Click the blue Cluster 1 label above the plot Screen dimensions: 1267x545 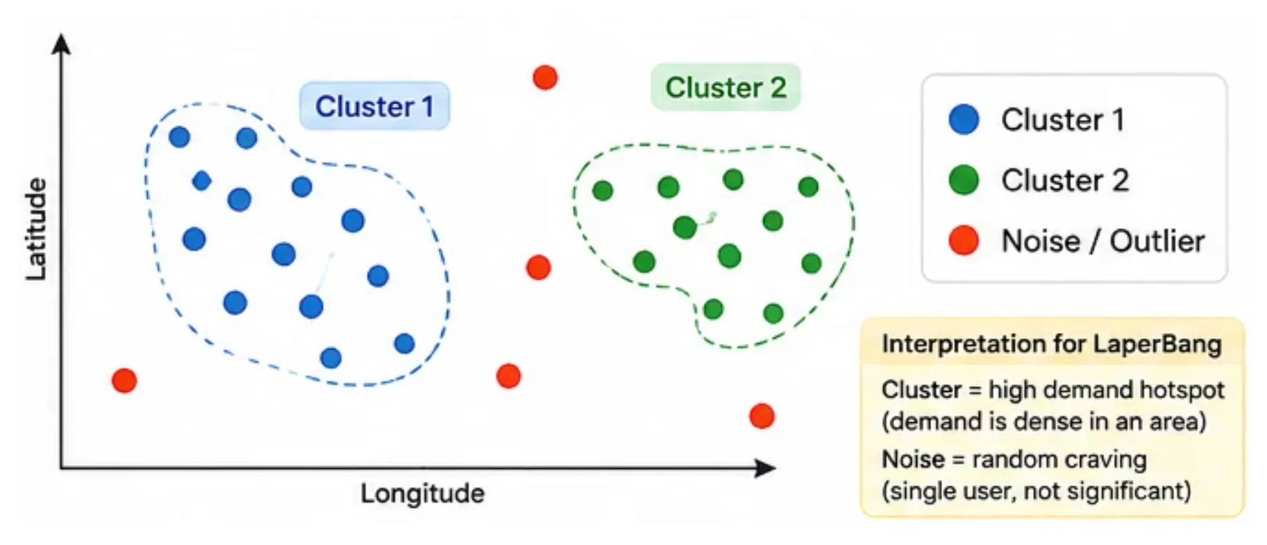click(374, 106)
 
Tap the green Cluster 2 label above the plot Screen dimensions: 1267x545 click(725, 87)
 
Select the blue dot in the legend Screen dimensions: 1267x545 click(964, 119)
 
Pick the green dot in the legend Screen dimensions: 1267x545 click(964, 180)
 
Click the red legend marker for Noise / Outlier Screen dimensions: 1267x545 click(964, 241)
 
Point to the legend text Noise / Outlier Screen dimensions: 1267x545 click(1103, 241)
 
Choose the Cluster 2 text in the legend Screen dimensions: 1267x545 click(1065, 180)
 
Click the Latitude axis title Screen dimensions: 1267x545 click(36, 230)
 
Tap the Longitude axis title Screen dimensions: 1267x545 click(422, 494)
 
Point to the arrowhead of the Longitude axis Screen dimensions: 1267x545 click(766, 468)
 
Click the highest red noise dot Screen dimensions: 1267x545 click(545, 77)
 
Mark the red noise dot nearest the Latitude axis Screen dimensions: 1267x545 click(124, 380)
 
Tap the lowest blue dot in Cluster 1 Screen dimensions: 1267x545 click(330, 358)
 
